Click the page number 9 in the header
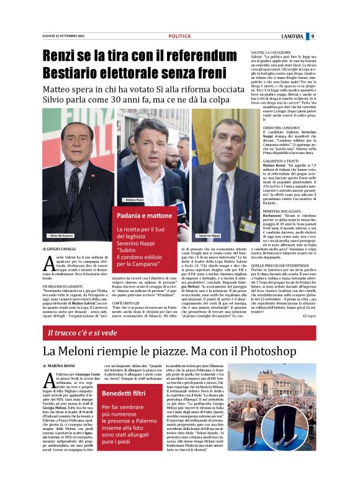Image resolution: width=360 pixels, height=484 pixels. click(x=313, y=36)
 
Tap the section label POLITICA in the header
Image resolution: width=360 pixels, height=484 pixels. click(x=179, y=36)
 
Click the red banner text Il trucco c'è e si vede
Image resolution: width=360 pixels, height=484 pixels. click(x=83, y=333)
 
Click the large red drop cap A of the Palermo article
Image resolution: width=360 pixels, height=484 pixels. click(x=48, y=380)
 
